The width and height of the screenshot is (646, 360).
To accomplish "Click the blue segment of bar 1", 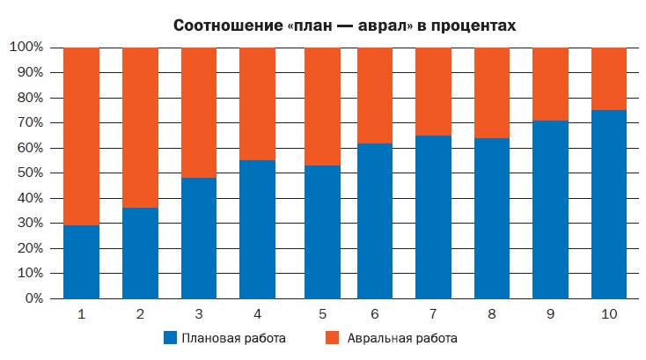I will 81,262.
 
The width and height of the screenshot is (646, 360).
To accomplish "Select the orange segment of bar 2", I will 140,128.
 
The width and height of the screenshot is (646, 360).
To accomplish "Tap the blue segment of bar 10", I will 608,204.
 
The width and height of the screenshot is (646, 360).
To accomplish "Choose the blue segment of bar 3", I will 198,238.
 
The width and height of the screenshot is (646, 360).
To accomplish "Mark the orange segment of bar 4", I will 257,104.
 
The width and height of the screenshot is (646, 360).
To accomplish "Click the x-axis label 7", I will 433,313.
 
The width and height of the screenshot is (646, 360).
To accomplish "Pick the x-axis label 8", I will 491,313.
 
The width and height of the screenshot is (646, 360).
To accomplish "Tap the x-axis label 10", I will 608,313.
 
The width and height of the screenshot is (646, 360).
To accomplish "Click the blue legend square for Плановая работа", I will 170,338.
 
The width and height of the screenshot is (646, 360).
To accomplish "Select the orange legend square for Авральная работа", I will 332,338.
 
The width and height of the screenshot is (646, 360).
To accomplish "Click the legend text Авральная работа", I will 402,338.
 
